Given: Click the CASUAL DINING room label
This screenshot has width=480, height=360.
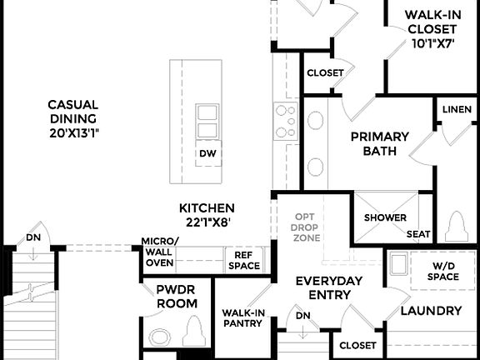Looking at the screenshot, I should tap(72, 118).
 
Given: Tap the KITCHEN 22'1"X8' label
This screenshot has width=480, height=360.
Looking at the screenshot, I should tap(207, 215).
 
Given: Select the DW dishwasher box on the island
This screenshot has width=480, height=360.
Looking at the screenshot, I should tap(207, 153).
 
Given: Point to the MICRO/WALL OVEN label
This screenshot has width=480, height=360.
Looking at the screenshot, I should tap(158, 252).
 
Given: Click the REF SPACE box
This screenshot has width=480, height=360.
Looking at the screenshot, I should tap(244, 261).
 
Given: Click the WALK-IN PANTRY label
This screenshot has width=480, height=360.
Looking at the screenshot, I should tap(242, 318).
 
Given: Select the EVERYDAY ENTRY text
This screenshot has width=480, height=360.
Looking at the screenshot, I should tap(329, 287).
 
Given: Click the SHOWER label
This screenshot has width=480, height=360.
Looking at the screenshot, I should tap(384, 218).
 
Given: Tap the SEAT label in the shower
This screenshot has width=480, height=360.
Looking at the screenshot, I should tap(418, 235).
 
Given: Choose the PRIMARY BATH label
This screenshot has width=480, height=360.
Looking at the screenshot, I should tap(379, 143).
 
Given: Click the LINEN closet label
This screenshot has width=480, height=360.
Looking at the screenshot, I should tap(457, 110).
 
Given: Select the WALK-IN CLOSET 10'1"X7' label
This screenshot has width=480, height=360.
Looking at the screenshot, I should tap(431, 29).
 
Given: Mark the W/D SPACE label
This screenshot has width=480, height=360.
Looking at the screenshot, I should tap(443, 272).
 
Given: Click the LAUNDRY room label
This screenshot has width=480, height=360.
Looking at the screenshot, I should tap(431, 311).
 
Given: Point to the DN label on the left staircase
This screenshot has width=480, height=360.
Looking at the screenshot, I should tap(33, 237).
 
